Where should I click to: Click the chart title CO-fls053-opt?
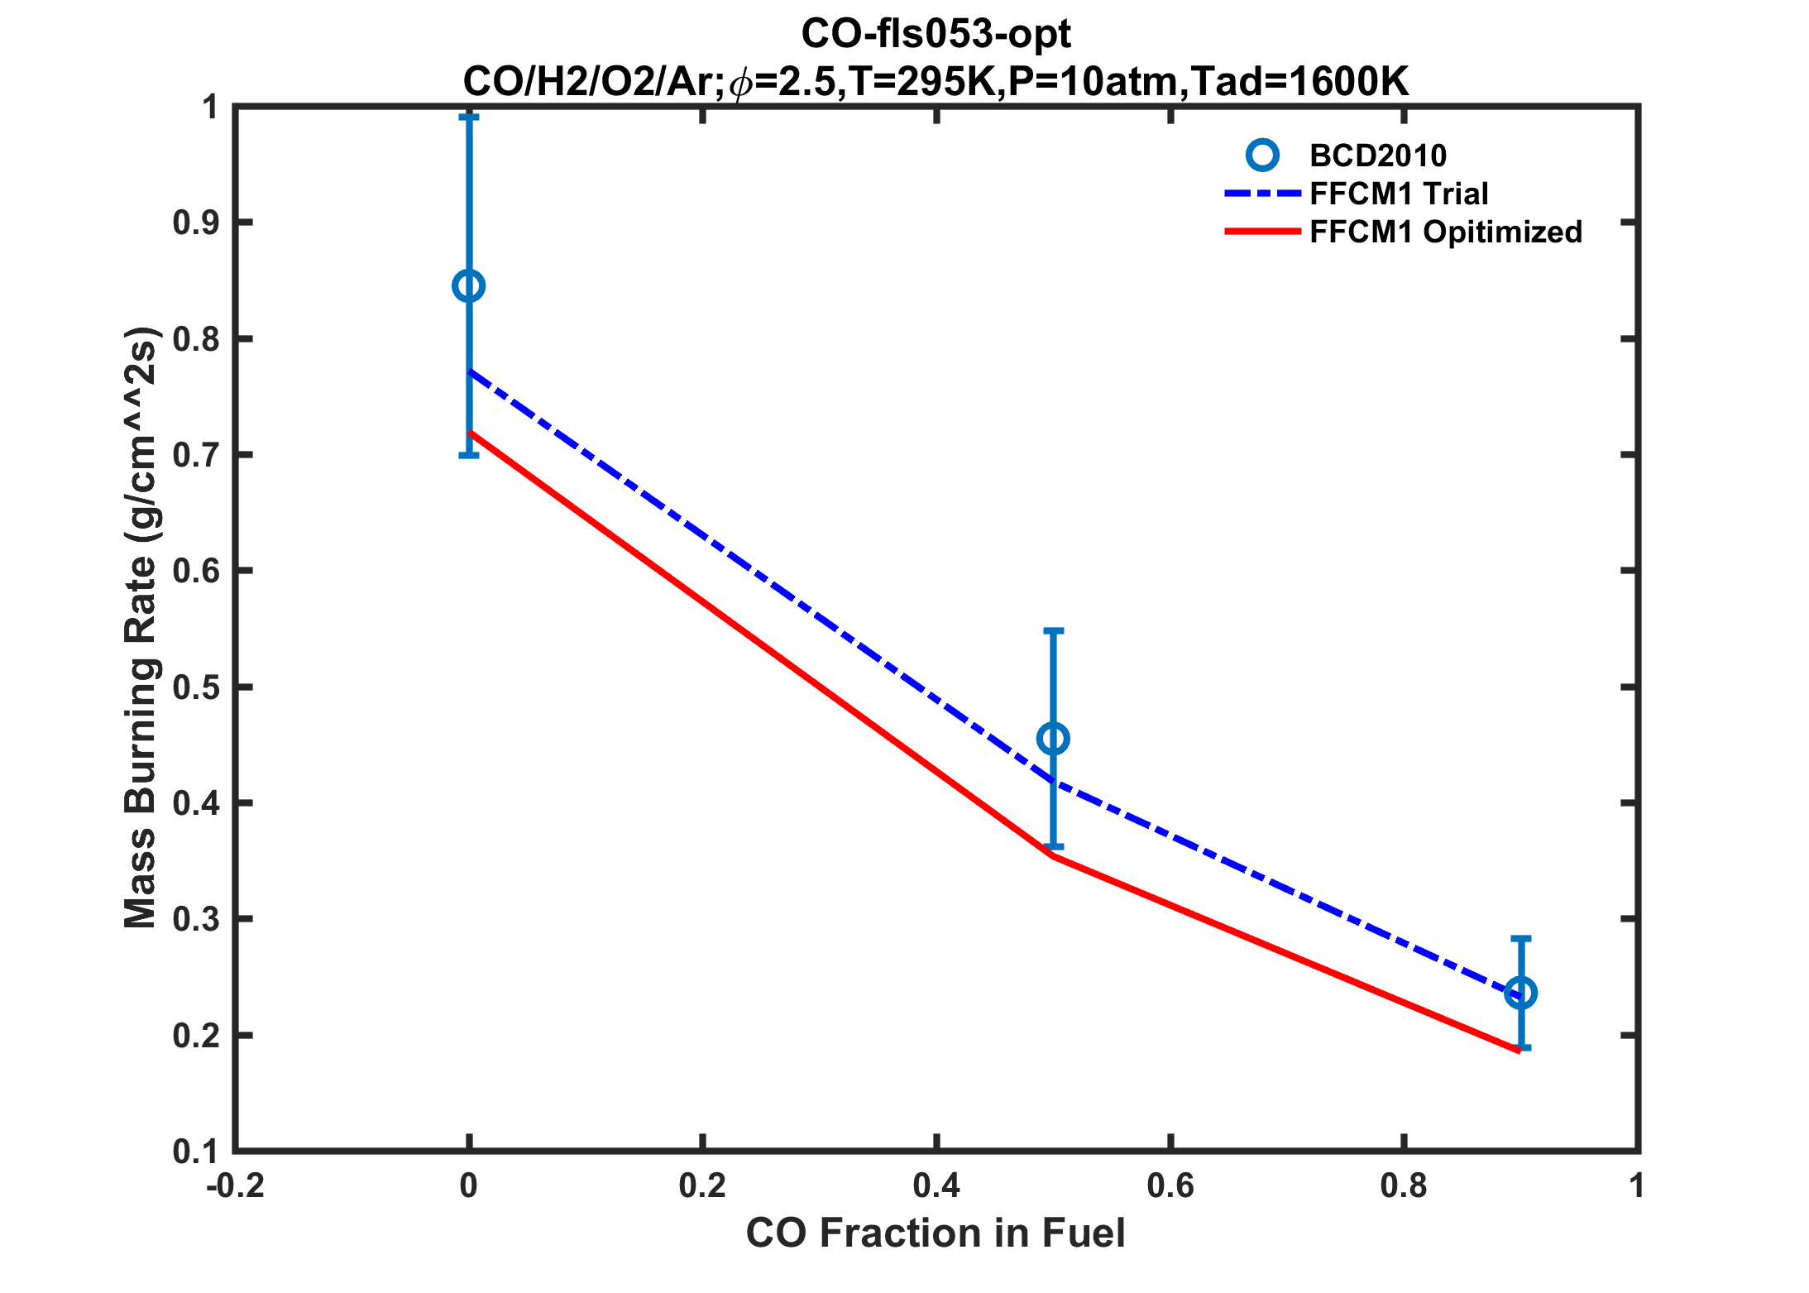click(x=936, y=35)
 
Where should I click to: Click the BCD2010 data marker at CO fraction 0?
click(x=469, y=286)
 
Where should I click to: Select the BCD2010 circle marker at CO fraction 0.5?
click(x=1053, y=738)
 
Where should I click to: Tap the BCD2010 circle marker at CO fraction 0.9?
click(x=1520, y=993)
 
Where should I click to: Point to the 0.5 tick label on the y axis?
click(x=195, y=687)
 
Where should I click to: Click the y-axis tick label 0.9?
click(x=195, y=223)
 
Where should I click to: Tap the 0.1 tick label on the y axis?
click(x=195, y=1152)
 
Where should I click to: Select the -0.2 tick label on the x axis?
click(x=236, y=1186)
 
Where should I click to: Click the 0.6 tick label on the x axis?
click(x=1170, y=1186)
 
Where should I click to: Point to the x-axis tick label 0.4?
click(x=936, y=1186)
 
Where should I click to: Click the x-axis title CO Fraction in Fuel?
click(x=936, y=1233)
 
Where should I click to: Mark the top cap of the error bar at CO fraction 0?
click(x=469, y=117)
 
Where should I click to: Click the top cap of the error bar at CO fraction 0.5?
click(x=1053, y=630)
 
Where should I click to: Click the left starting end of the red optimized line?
click(x=470, y=432)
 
